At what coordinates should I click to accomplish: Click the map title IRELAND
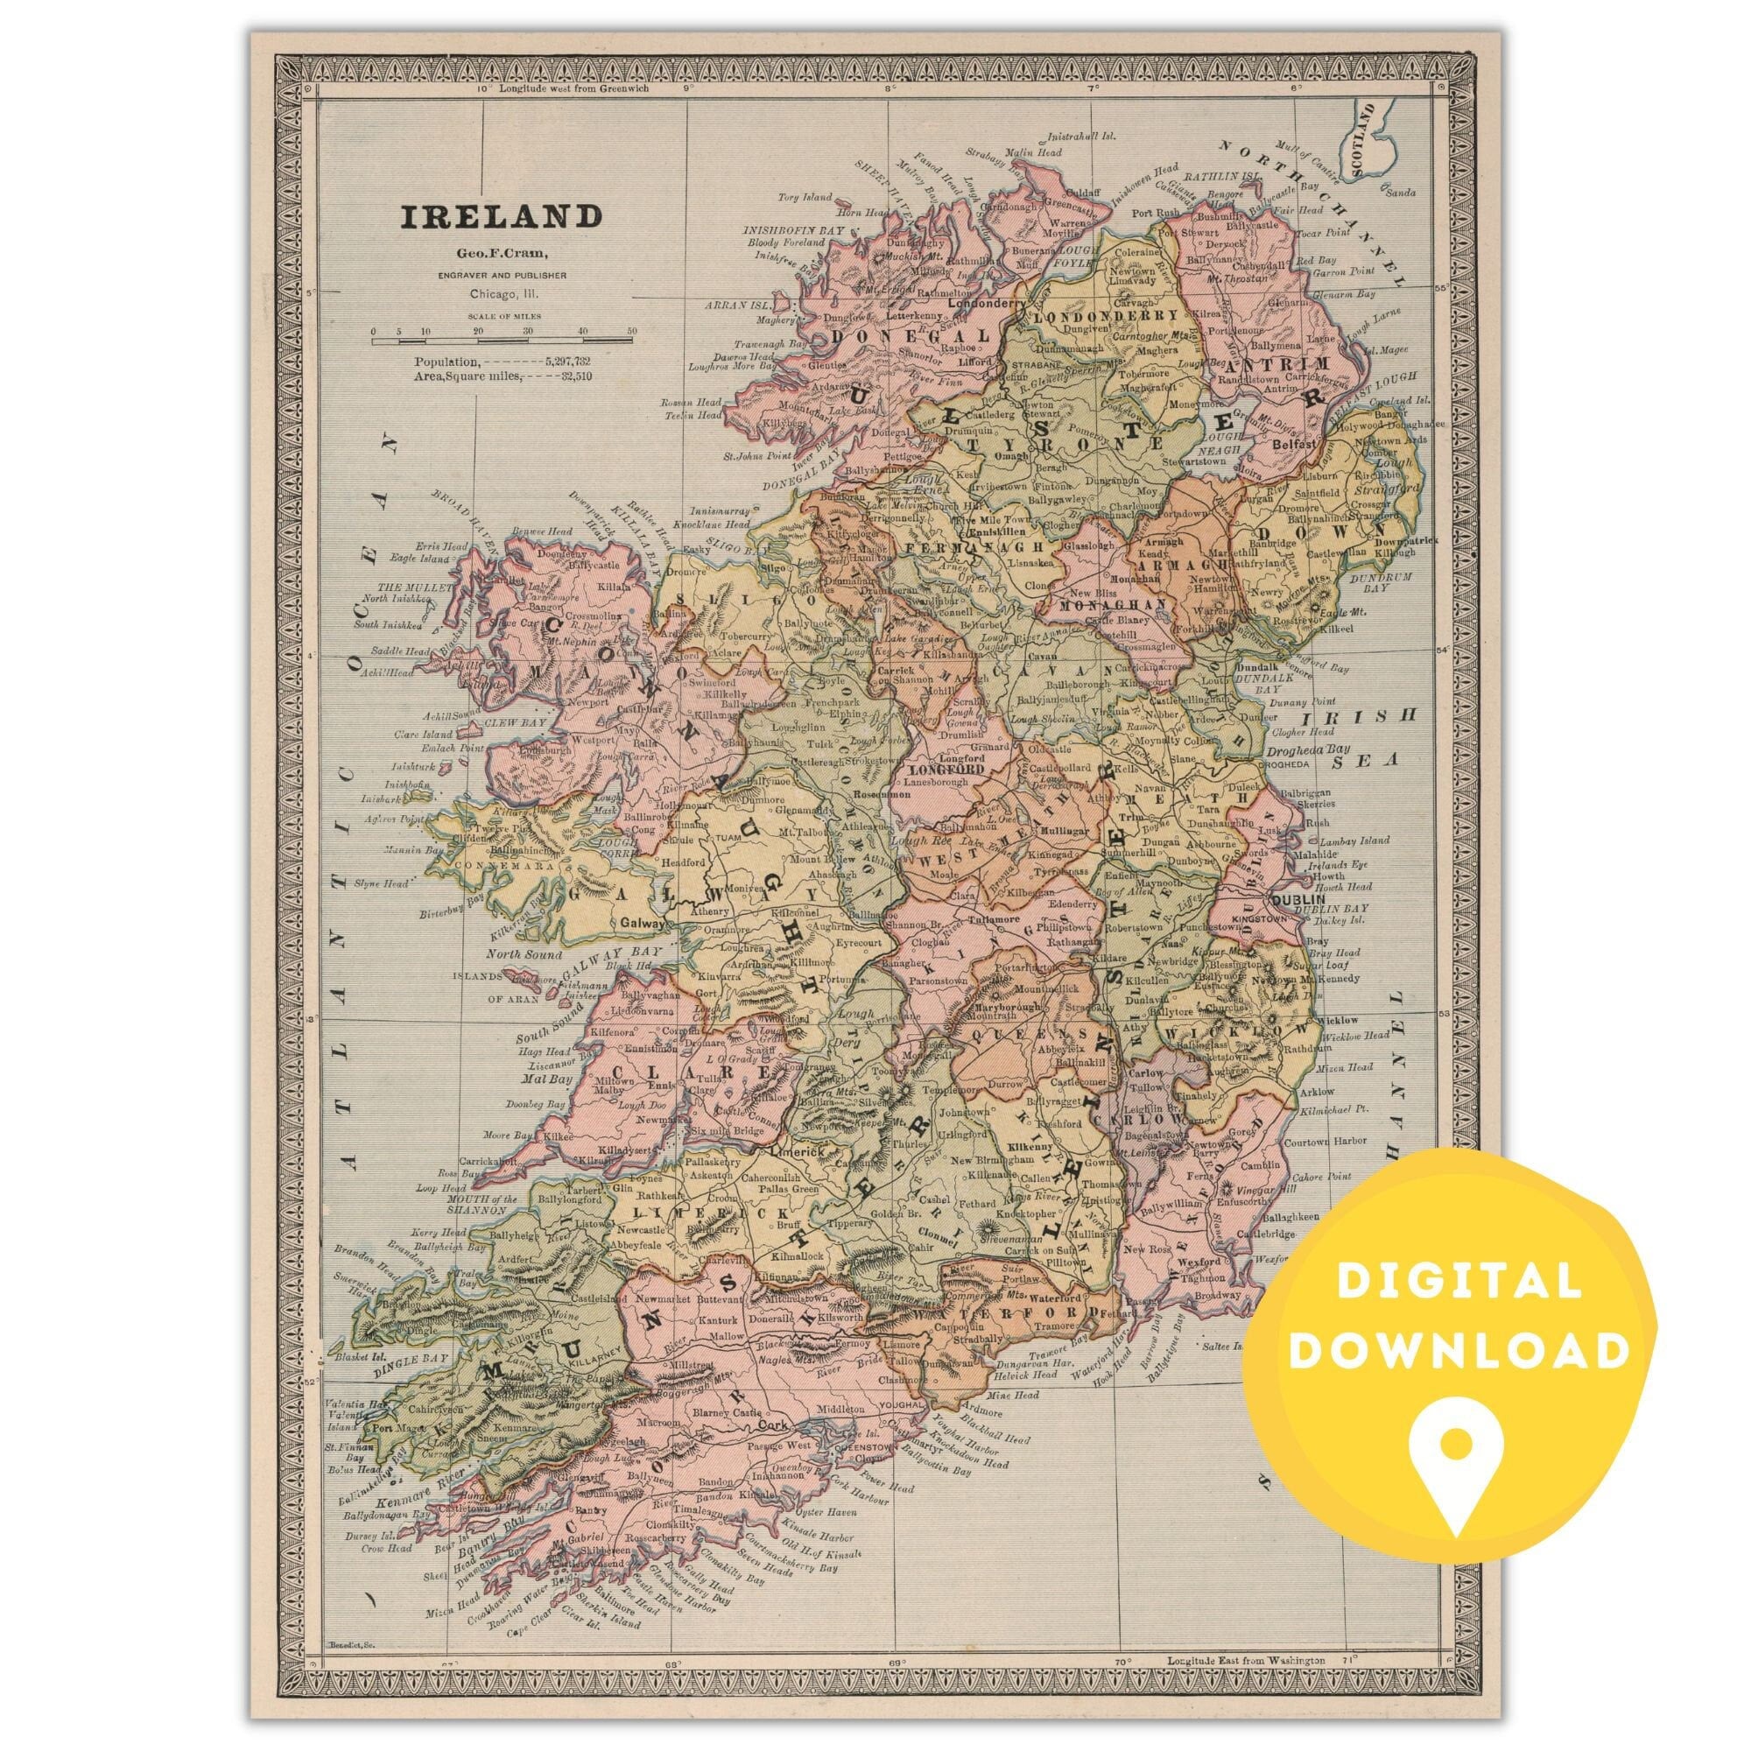(x=501, y=217)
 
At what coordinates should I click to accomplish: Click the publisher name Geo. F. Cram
(x=501, y=255)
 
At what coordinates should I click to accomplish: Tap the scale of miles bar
(x=503, y=341)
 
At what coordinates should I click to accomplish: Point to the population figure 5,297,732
(x=562, y=362)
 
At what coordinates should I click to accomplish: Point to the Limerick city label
(x=795, y=1150)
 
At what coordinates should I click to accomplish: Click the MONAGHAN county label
(x=1100, y=602)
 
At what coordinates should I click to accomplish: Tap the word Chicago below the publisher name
(x=490, y=293)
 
